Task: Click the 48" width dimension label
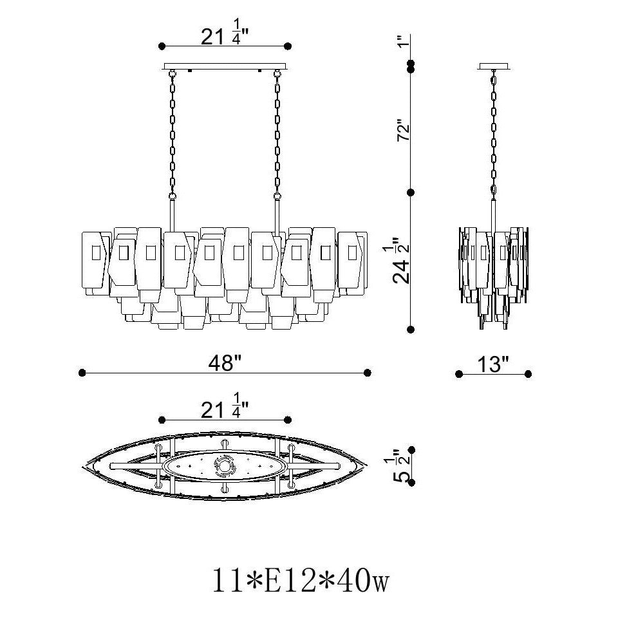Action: tap(225, 363)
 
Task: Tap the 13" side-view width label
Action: tap(493, 364)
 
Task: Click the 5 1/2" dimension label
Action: tap(402, 466)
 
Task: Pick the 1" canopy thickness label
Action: tap(401, 41)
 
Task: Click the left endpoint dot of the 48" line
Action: tap(82, 373)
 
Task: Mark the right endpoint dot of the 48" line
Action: tap(368, 373)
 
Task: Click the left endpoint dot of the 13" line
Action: tap(459, 374)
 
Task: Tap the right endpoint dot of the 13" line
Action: tap(528, 374)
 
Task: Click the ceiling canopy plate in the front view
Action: tap(225, 66)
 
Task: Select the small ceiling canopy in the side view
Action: tap(494, 66)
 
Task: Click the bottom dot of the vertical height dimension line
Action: tap(411, 329)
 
